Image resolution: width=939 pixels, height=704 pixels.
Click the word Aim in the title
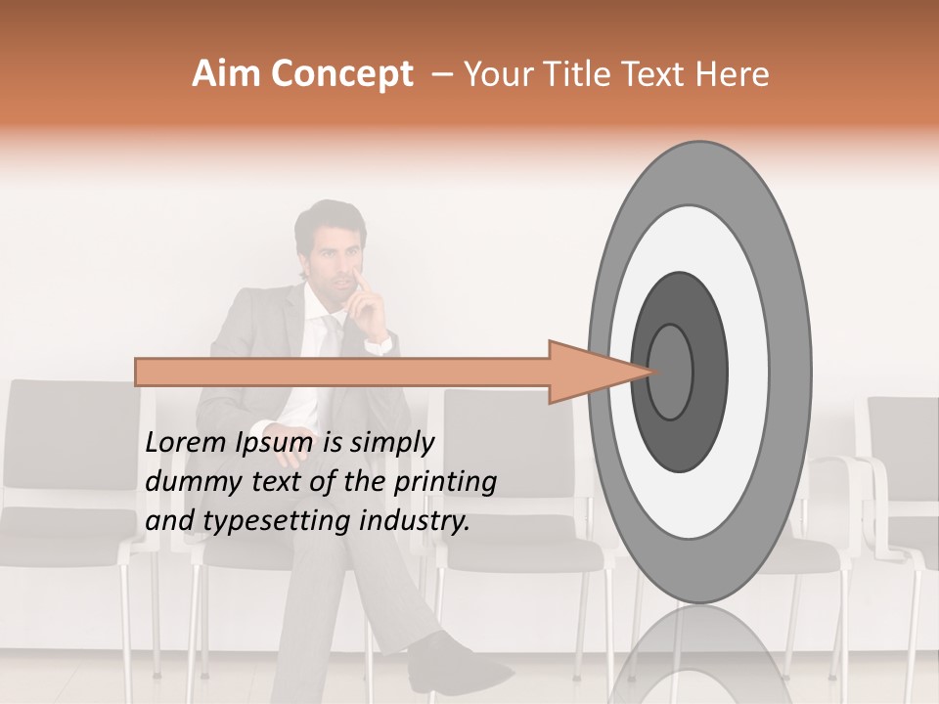[x=226, y=74]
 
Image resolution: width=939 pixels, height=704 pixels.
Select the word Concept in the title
[x=341, y=75]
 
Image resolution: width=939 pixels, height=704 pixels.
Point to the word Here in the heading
[x=734, y=74]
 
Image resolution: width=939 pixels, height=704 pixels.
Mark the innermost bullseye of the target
[x=669, y=372]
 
